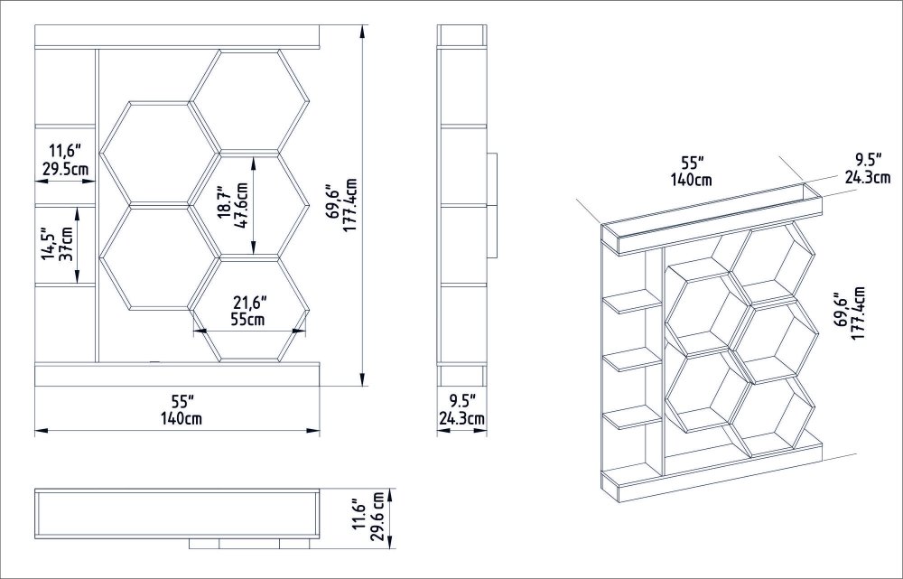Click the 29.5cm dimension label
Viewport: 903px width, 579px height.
point(65,170)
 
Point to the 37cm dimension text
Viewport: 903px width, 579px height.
point(67,244)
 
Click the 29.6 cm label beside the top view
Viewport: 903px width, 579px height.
point(377,517)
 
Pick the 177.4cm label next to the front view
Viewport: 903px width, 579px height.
point(350,205)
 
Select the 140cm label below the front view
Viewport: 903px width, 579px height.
point(181,417)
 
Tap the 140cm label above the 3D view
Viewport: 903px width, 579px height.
point(691,180)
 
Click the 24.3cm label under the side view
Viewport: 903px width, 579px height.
point(461,418)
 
